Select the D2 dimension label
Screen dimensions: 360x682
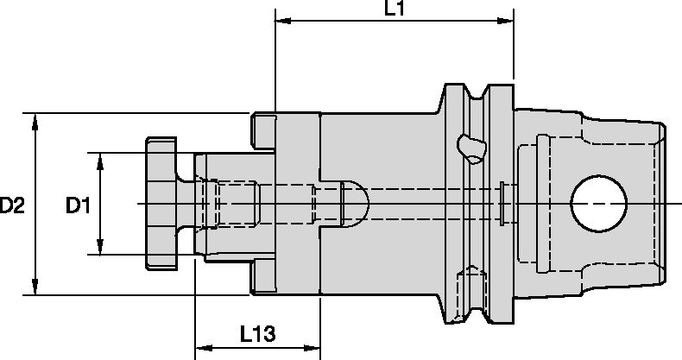pyautogui.click(x=12, y=205)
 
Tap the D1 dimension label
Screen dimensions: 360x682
pyautogui.click(x=79, y=205)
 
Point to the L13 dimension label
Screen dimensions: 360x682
pyautogui.click(x=258, y=332)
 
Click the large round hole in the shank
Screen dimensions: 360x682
pyautogui.click(x=599, y=204)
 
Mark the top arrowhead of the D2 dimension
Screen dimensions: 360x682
pyautogui.click(x=35, y=119)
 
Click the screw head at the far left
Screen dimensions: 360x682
pyautogui.click(x=161, y=204)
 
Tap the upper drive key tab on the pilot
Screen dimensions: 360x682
pyautogui.click(x=263, y=129)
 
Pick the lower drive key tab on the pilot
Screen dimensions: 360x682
pyautogui.click(x=263, y=278)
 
